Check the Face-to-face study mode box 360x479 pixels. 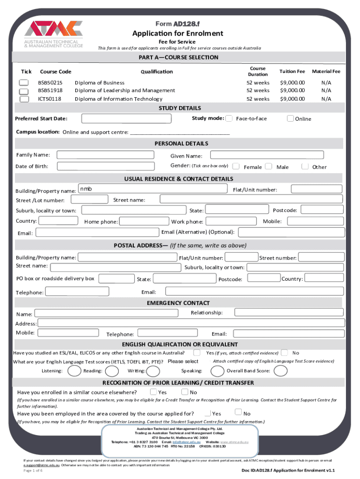point(229,118)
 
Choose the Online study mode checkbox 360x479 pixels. point(290,118)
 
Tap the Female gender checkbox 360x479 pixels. point(237,166)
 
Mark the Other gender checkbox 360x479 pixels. point(305,166)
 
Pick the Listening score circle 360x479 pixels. point(74,371)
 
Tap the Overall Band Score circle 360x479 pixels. point(281,371)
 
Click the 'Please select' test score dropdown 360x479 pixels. point(183,362)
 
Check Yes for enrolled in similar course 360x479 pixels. point(153,392)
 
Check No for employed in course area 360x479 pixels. point(238,413)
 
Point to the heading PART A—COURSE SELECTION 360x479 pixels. point(179,58)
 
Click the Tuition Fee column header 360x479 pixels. point(292,71)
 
